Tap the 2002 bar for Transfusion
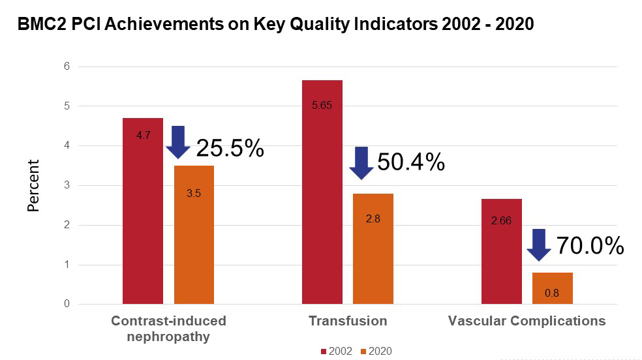322,192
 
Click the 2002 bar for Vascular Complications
501,251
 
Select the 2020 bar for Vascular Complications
552,288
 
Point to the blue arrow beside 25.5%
178,142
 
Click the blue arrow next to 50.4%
361,163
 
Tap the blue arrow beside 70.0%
540,245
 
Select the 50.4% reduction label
411,161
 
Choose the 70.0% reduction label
590,246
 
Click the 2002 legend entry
337,351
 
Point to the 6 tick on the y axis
67,67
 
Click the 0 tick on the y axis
67,304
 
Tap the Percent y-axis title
33,185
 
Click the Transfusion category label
348,321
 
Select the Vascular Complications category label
527,321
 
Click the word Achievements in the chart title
158,25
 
